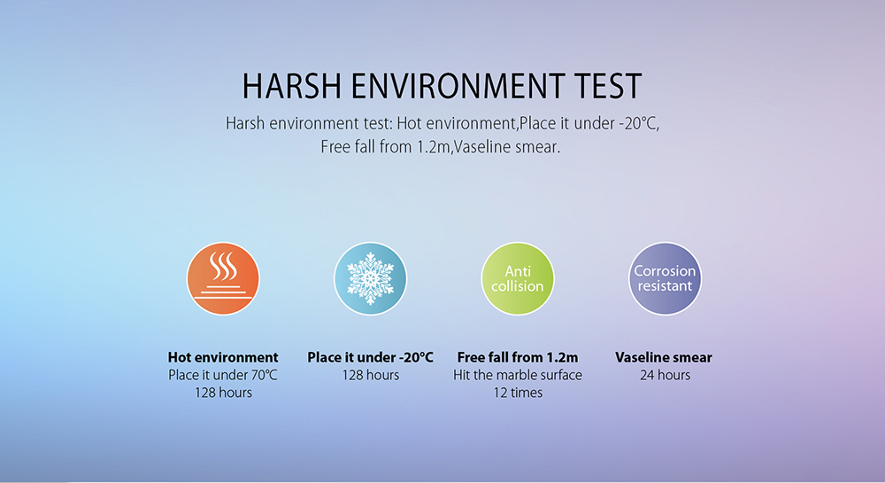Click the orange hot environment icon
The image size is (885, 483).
(223, 278)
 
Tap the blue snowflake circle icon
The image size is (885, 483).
(370, 278)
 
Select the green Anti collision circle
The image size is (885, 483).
(518, 278)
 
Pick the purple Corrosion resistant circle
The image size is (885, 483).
(665, 278)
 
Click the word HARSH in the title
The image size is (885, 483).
(292, 87)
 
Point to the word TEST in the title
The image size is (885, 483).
(609, 87)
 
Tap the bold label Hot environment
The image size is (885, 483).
(223, 357)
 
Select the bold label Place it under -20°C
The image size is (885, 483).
(370, 357)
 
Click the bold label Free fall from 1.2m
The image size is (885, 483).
(518, 357)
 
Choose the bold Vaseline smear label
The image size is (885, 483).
(664, 357)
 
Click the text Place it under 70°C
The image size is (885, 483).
(223, 375)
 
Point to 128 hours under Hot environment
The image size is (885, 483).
(224, 393)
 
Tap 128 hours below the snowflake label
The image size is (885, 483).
(371, 375)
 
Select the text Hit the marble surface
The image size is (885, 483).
(518, 375)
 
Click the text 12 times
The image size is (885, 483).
(518, 393)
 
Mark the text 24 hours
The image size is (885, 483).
(665, 375)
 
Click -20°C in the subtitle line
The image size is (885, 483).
(639, 123)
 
